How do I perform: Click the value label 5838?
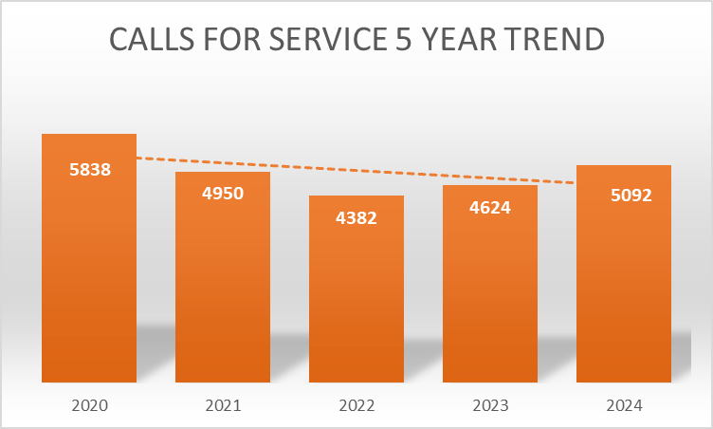coord(90,171)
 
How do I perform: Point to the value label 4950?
coord(223,194)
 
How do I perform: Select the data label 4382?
coord(356,218)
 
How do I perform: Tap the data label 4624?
coord(490,207)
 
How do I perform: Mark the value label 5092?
coord(624,197)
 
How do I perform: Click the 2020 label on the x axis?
coord(90,405)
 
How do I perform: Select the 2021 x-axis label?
coord(223,405)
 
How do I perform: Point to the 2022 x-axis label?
coord(356,405)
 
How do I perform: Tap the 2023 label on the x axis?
coord(490,405)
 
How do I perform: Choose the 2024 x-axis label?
coord(624,405)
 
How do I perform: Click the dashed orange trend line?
coord(356,170)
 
